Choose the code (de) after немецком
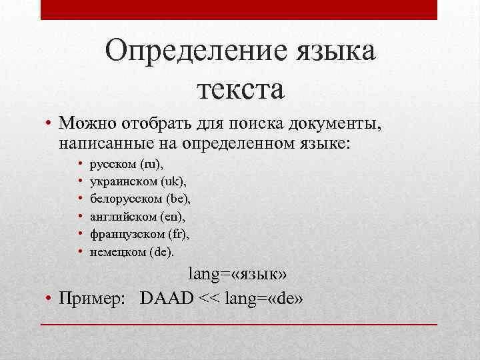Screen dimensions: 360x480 tap(161, 251)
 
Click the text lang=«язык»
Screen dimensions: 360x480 tap(239, 273)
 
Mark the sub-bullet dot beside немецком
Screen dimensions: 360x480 tap(79, 252)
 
